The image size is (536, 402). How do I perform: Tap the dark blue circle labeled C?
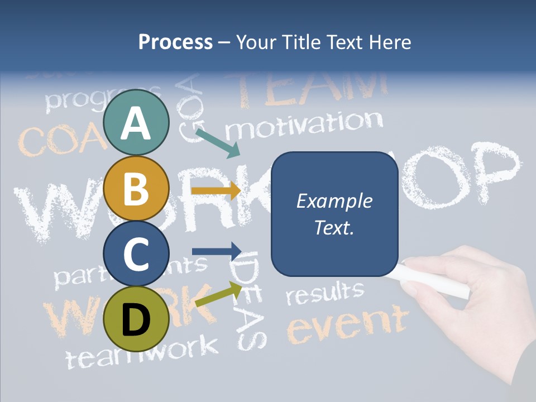136,254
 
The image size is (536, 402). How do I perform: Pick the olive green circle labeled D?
136,319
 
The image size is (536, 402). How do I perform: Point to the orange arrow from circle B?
216,190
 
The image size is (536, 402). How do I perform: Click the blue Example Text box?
334,214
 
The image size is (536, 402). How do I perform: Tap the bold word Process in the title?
175,42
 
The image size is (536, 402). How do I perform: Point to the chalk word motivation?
304,125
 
